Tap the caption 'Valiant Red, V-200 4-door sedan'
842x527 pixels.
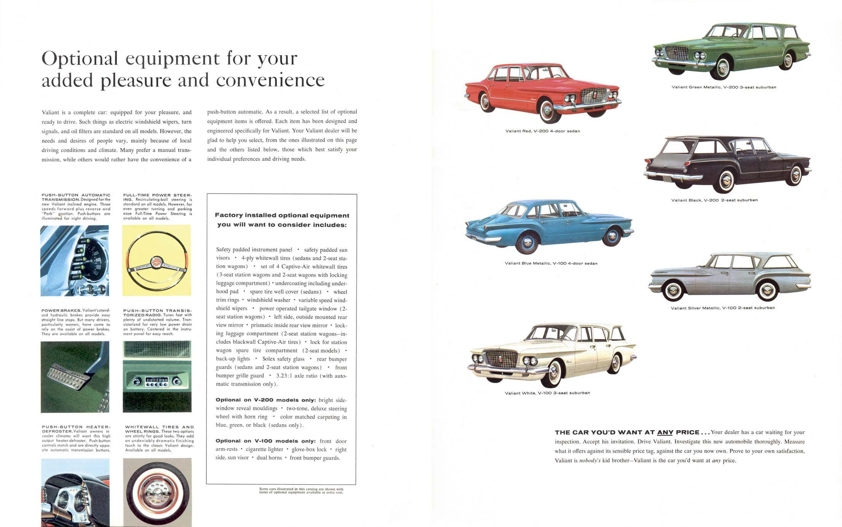(542, 131)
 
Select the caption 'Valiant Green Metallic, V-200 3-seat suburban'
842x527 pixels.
(724, 87)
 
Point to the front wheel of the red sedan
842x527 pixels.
(547, 111)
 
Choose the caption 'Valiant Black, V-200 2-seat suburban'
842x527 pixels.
(714, 200)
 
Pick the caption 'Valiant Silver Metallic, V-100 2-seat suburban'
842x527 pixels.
(722, 308)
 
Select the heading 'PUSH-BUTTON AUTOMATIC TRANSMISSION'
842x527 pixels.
(76, 197)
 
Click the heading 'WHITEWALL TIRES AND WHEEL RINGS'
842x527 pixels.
(159, 429)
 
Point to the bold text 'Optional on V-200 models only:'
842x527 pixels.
(265, 400)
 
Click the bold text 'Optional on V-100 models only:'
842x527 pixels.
(265, 441)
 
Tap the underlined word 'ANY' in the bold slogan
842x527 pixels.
(665, 432)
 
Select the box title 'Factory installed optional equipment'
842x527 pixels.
(282, 215)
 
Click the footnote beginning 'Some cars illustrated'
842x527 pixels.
(301, 491)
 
